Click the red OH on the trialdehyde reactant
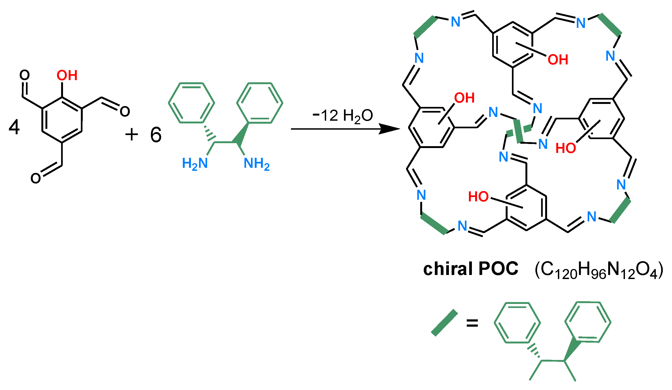67,75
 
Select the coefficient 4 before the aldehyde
14,127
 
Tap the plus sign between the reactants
132,135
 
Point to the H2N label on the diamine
195,163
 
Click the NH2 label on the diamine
256,163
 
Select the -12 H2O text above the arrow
343,116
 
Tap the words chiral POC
471,269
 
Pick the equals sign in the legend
472,323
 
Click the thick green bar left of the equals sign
444,323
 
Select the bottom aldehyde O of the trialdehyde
36,178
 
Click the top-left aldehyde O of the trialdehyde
25,75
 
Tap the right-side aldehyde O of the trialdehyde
125,111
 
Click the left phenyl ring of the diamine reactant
191,103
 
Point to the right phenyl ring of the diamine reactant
260,103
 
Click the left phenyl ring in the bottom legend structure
517,323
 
